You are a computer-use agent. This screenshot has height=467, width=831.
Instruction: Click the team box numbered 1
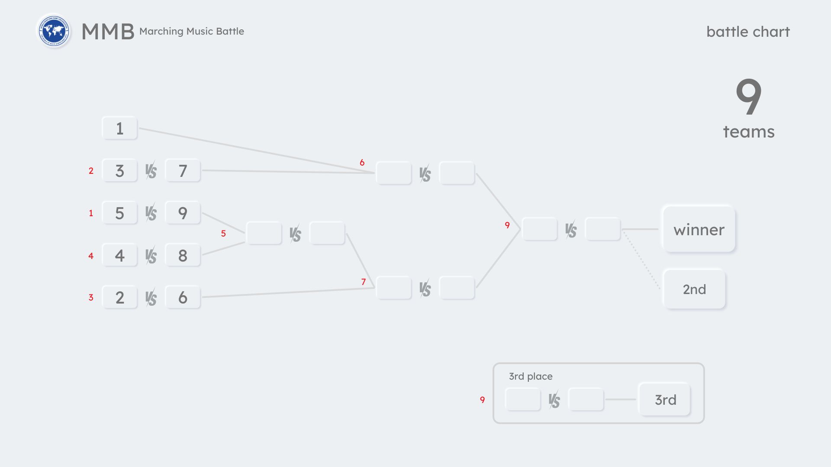click(120, 128)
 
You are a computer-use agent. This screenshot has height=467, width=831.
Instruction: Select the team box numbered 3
click(120, 171)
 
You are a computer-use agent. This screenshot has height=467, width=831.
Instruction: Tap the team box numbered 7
click(183, 171)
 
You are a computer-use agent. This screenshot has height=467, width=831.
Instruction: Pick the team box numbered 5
click(120, 213)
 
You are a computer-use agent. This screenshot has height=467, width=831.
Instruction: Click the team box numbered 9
click(183, 213)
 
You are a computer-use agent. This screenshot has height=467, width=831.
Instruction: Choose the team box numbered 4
click(120, 256)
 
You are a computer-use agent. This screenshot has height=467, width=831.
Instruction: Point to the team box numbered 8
click(183, 256)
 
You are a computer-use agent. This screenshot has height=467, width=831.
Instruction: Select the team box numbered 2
click(120, 297)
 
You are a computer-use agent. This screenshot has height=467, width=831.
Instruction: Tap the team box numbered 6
click(183, 297)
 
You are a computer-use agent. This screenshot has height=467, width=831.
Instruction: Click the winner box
click(699, 229)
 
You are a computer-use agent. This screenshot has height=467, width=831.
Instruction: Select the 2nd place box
click(694, 289)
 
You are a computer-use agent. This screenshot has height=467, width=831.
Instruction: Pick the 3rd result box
click(665, 400)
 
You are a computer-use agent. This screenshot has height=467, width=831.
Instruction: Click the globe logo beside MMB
click(54, 31)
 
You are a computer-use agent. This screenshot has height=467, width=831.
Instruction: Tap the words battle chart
click(748, 32)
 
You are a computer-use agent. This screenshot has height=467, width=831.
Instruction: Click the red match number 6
click(362, 163)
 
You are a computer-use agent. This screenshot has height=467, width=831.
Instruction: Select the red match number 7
click(364, 282)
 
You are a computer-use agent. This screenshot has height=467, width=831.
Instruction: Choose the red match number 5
click(223, 233)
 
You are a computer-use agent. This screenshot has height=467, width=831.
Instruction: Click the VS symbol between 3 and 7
click(151, 171)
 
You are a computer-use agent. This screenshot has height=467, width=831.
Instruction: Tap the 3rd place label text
click(531, 376)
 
